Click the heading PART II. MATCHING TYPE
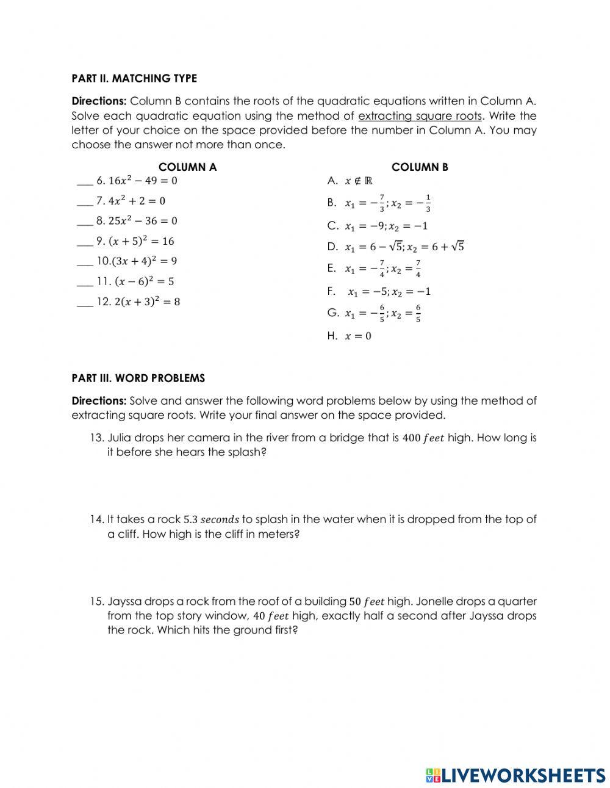[x=134, y=78]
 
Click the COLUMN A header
[x=187, y=167]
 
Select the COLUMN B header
[x=420, y=167]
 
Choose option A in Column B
[x=350, y=181]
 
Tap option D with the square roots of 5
[x=396, y=247]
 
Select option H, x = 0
[x=350, y=336]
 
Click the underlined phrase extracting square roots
[x=420, y=116]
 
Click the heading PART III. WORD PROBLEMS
[x=138, y=378]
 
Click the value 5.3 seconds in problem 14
[x=211, y=519]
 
